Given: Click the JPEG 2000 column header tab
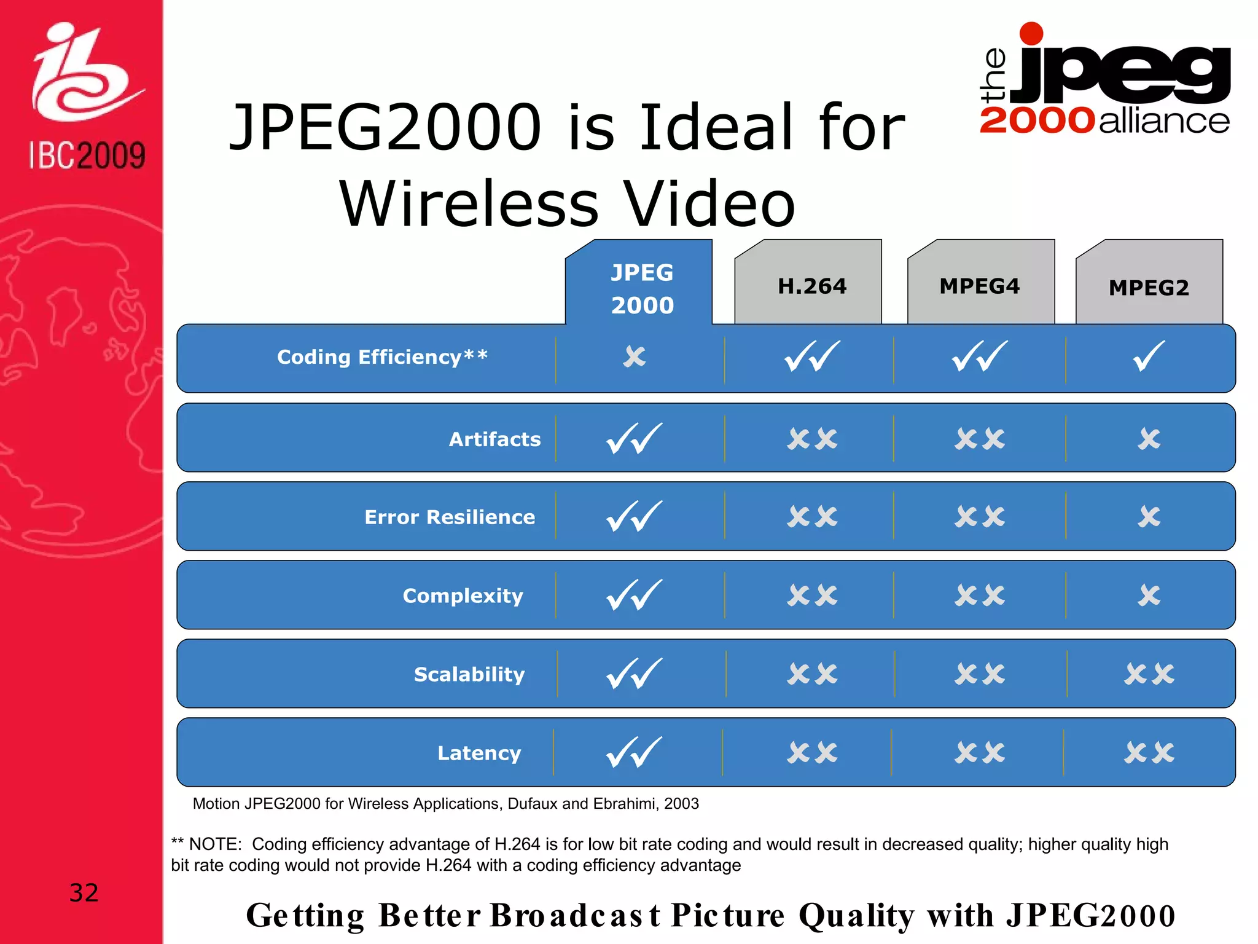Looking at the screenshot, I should [x=641, y=288].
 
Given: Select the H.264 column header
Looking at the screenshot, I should [x=811, y=286].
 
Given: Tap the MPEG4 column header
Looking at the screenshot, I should [x=979, y=286].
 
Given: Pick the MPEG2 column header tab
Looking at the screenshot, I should [x=1149, y=287].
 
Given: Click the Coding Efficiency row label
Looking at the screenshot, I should [x=382, y=357].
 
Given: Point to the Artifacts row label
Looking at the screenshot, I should [x=494, y=439].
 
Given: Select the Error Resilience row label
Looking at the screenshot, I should [x=450, y=517].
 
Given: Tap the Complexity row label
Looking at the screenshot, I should [x=463, y=596].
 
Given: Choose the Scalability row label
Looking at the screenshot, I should [x=469, y=674].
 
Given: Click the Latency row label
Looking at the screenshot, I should [x=479, y=753].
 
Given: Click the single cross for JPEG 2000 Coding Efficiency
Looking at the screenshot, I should [x=635, y=356].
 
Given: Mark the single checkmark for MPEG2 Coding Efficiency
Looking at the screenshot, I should [x=1149, y=356].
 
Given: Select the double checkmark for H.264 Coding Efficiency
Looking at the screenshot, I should [x=812, y=356].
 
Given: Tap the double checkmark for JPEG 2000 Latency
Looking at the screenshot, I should [x=635, y=752].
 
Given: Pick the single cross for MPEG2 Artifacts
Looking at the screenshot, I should [x=1149, y=439].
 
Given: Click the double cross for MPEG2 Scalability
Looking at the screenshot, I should [x=1149, y=674].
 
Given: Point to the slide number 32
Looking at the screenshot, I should [x=84, y=892].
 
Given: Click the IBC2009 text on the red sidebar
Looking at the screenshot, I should [x=87, y=155].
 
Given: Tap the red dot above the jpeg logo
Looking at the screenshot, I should [x=1031, y=34].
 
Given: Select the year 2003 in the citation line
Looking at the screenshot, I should [x=681, y=804].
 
